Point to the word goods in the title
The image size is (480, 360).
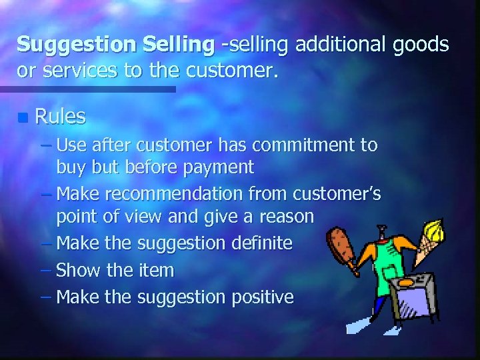(419, 45)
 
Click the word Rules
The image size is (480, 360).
(60, 117)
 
